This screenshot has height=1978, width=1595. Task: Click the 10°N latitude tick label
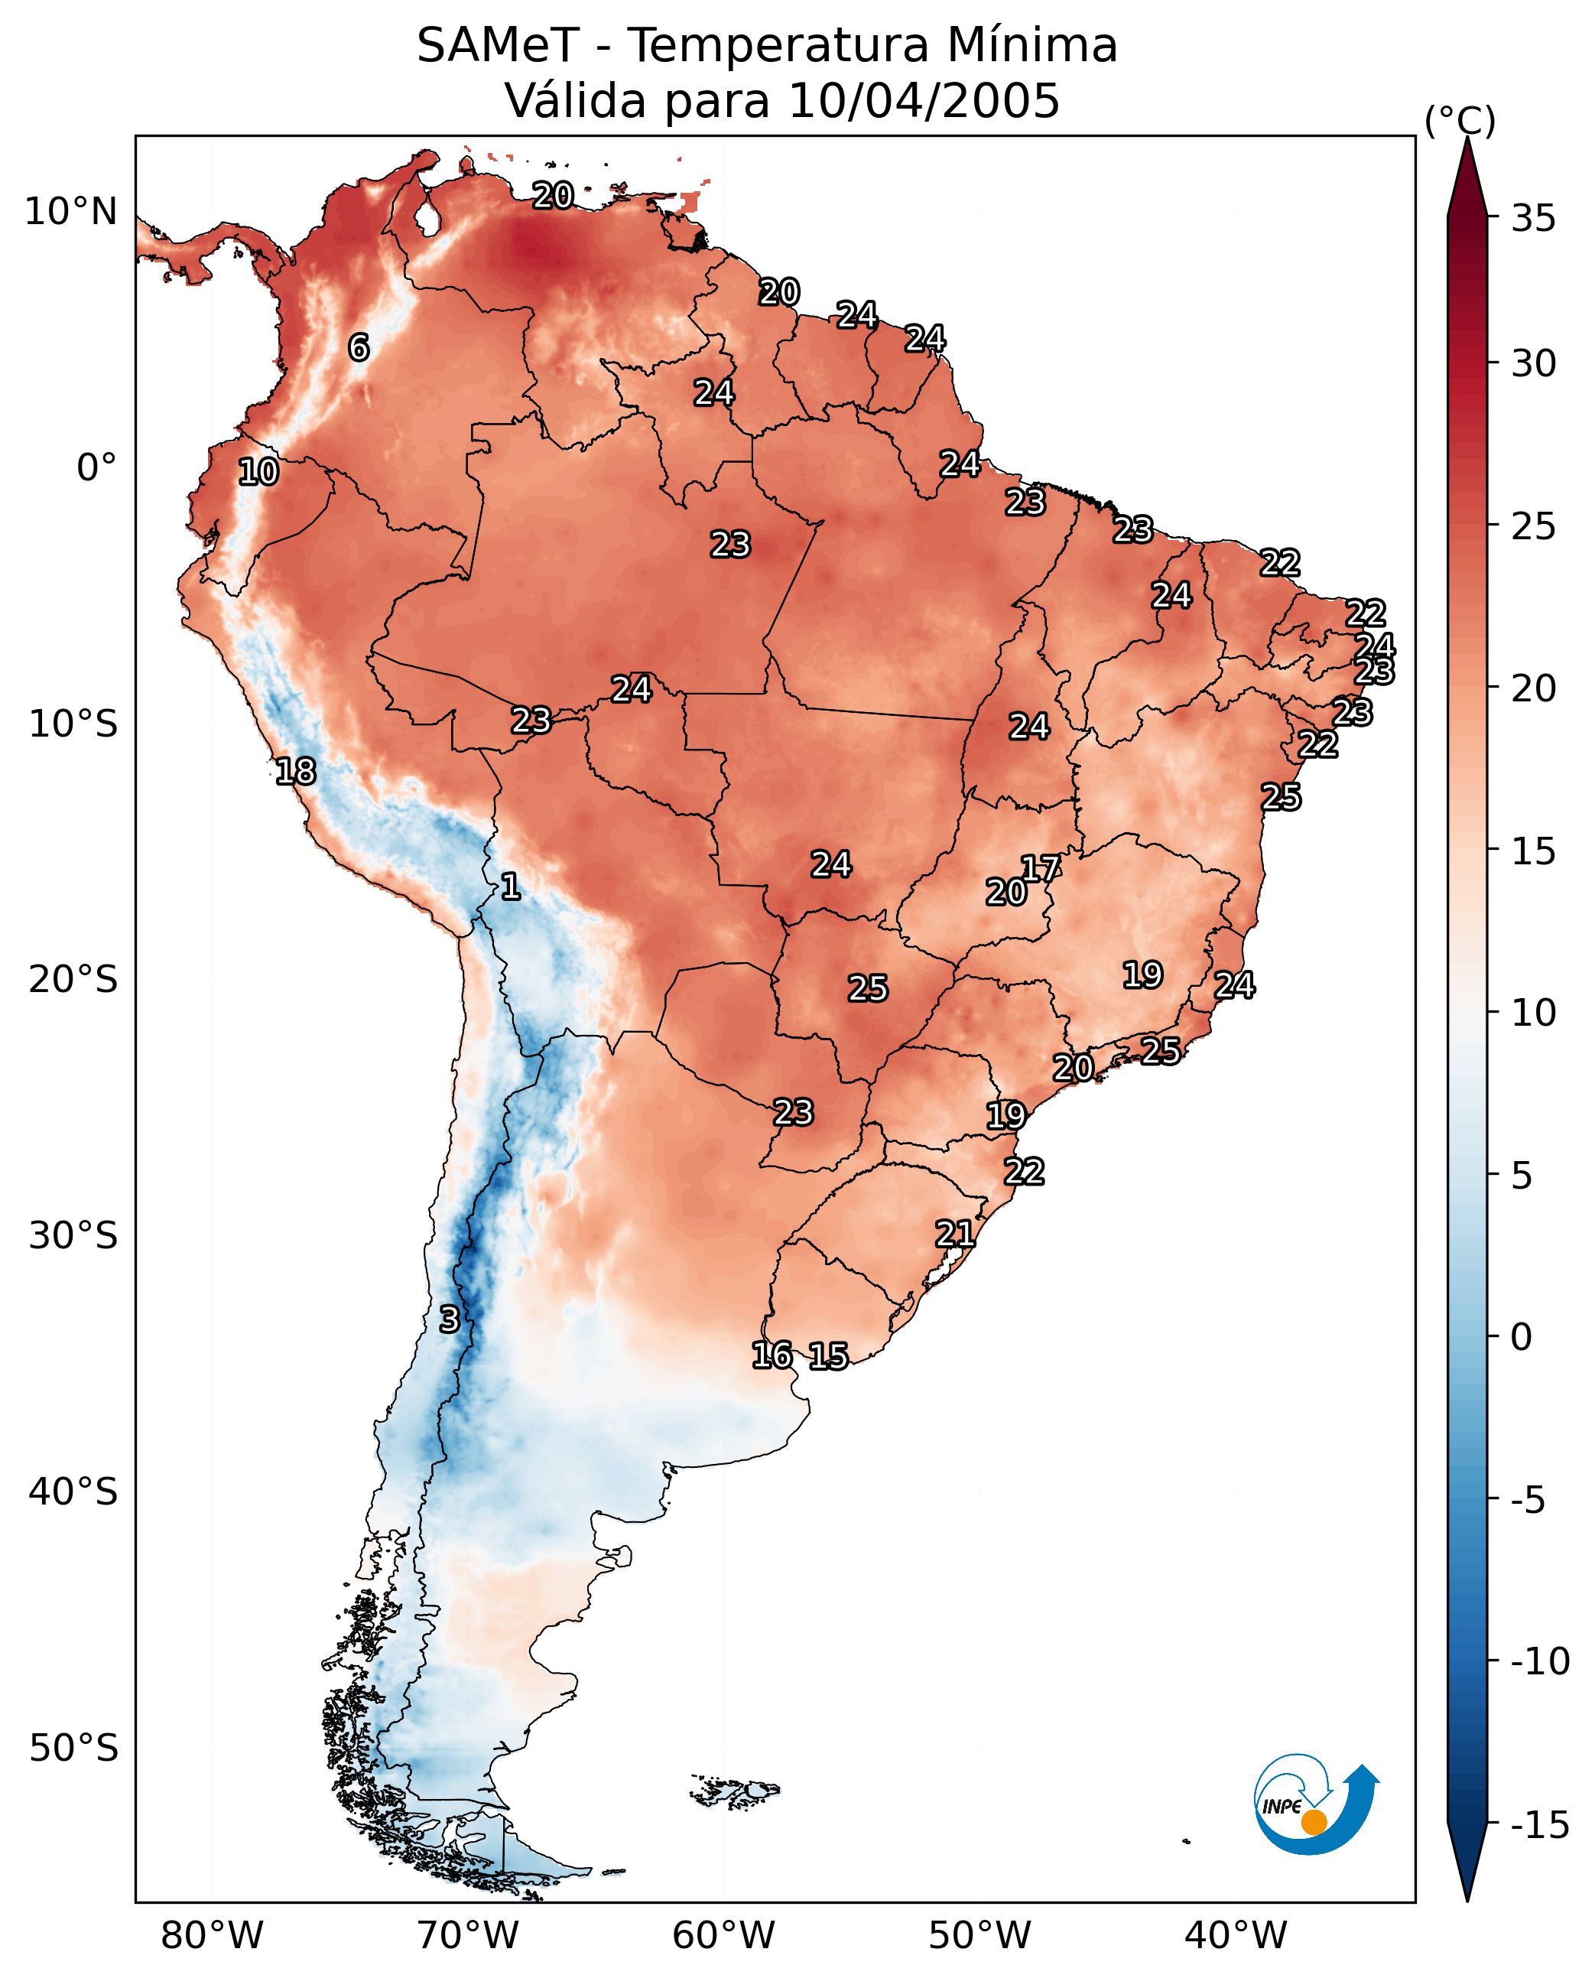(x=71, y=213)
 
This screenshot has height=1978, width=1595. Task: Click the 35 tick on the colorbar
(x=1533, y=219)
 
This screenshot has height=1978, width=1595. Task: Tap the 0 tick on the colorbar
(x=1522, y=1337)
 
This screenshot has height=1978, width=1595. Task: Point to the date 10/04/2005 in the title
(x=924, y=100)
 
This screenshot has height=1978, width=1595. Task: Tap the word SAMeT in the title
(x=498, y=45)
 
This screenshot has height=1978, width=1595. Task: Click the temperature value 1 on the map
(x=511, y=887)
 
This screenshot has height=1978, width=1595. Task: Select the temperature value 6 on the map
(x=359, y=347)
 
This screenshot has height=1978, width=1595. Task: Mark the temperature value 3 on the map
(x=448, y=1320)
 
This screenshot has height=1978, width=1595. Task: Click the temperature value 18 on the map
(x=296, y=771)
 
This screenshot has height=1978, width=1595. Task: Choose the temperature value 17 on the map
(x=1041, y=869)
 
